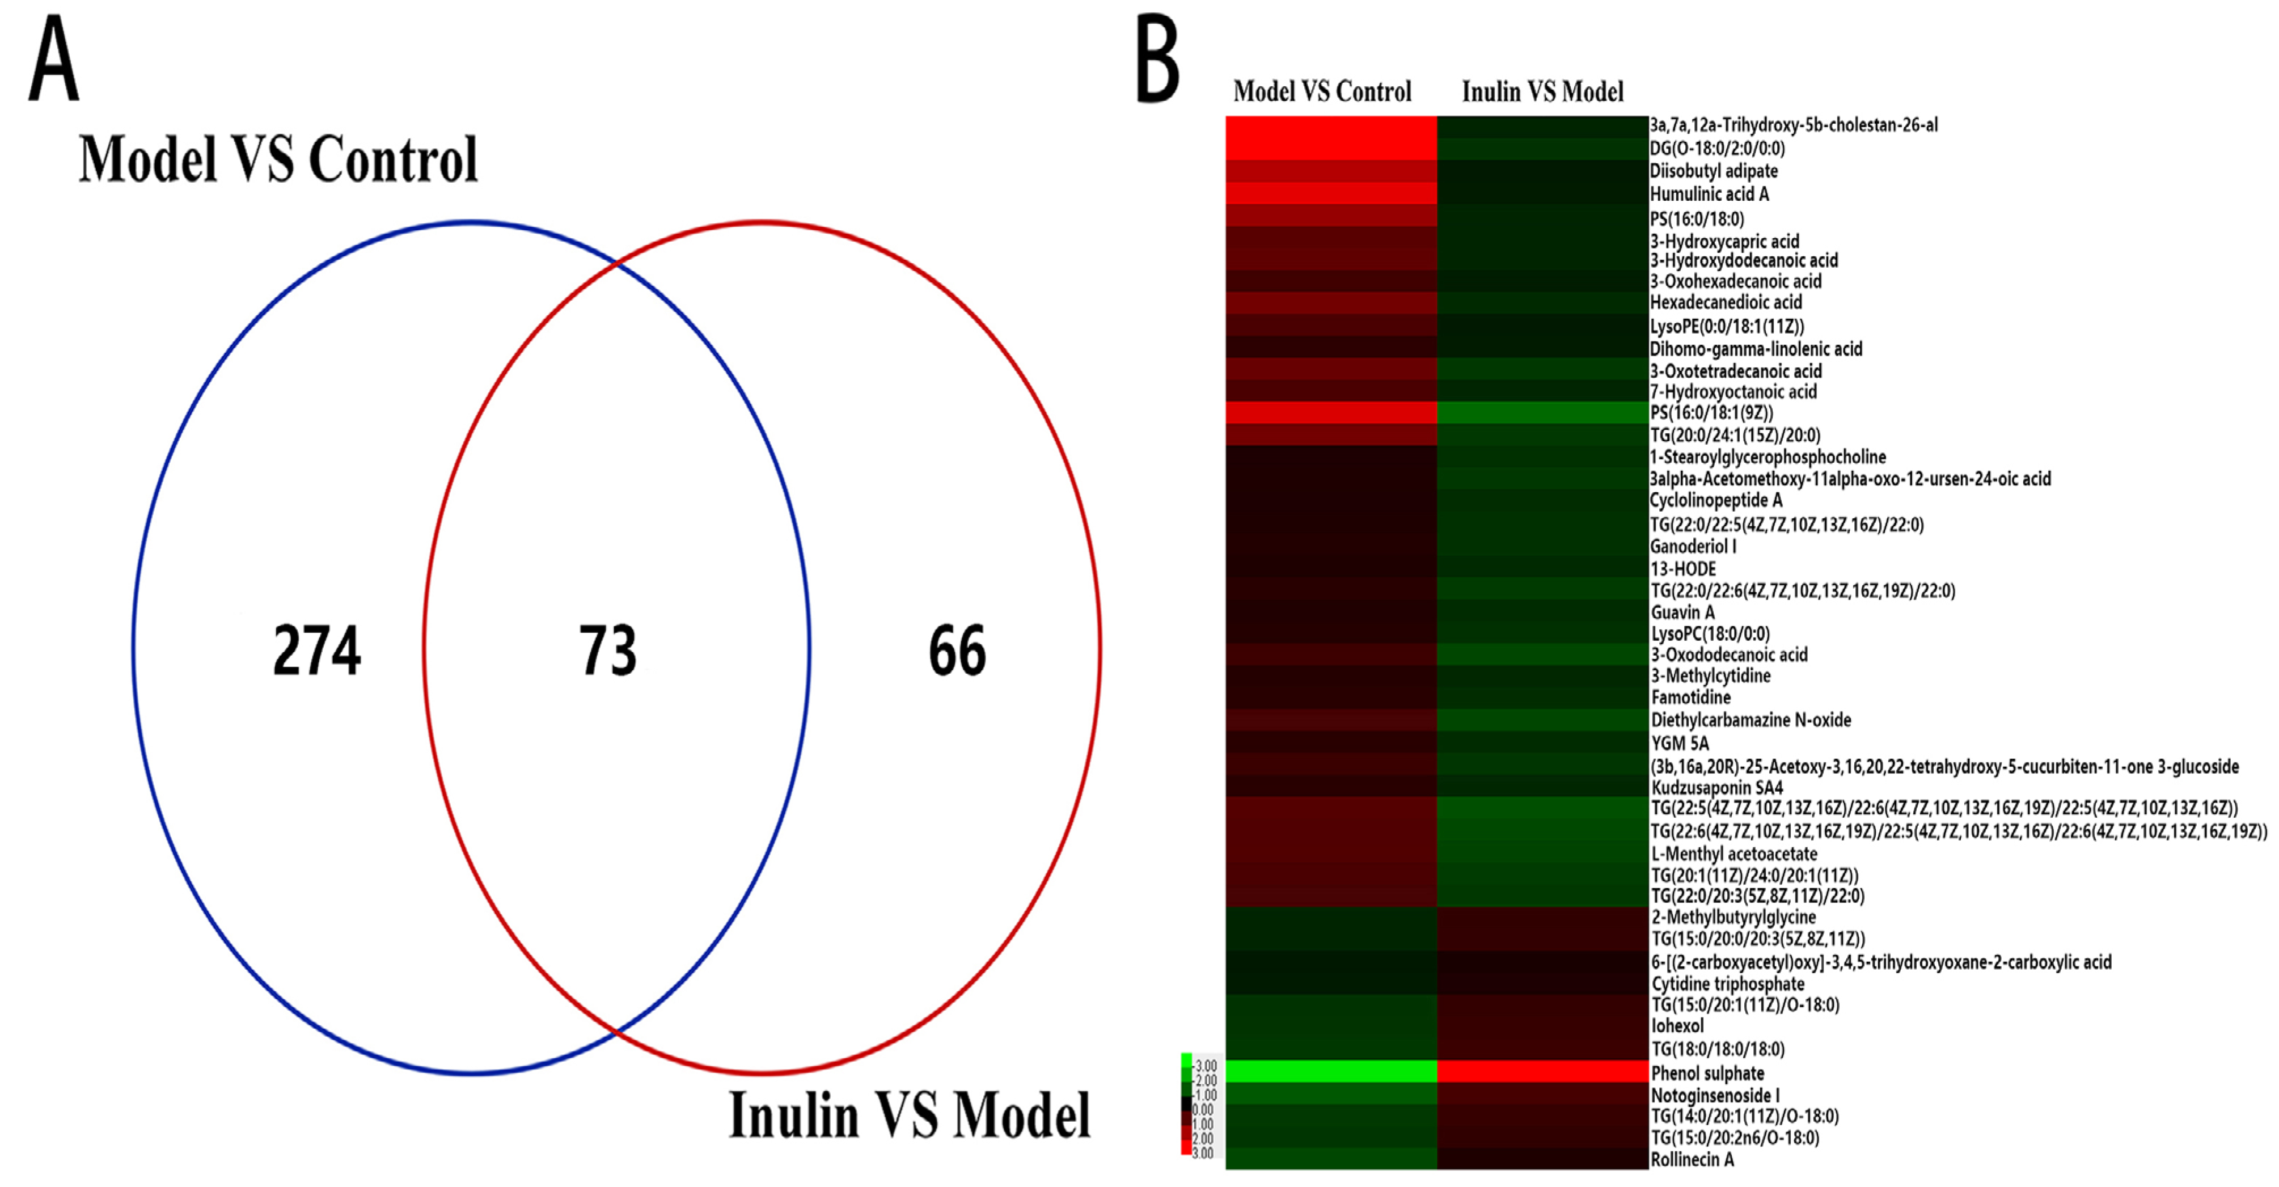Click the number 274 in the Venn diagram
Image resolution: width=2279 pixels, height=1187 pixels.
click(x=317, y=651)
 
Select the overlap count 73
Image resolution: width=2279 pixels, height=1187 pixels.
click(x=608, y=651)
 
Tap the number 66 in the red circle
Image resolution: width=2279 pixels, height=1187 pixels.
click(x=957, y=651)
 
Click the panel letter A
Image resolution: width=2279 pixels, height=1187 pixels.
click(x=53, y=60)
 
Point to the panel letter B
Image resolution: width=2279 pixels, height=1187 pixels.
click(x=1157, y=60)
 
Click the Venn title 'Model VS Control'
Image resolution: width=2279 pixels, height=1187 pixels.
click(x=278, y=159)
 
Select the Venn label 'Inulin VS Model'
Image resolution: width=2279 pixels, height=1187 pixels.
click(x=910, y=1116)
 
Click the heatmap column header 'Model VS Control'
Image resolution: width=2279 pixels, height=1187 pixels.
click(x=1322, y=91)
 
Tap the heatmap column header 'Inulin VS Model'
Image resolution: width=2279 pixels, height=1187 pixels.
click(x=1542, y=91)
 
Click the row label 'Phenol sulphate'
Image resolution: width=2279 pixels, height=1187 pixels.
click(x=1707, y=1073)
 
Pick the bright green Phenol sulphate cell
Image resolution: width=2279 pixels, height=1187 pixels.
click(x=1330, y=1071)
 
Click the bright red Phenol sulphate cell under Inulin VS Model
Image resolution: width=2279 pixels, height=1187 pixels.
click(x=1542, y=1071)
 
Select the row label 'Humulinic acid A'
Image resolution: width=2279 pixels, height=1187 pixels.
click(x=1709, y=194)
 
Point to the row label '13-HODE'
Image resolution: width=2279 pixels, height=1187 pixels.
click(x=1682, y=569)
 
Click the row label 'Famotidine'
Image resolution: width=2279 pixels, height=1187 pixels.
click(x=1690, y=697)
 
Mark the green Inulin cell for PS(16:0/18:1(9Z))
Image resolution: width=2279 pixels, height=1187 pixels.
click(x=1542, y=412)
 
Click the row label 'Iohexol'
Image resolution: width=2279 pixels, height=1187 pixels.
click(x=1677, y=1026)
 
